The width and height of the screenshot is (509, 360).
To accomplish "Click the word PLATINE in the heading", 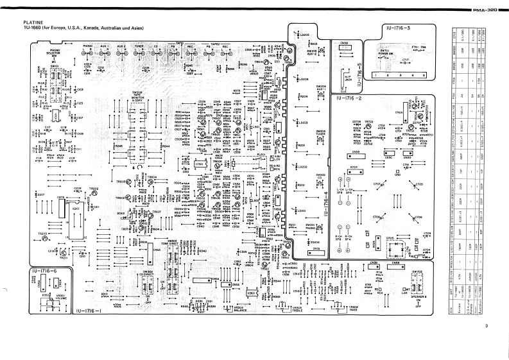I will click(33, 22).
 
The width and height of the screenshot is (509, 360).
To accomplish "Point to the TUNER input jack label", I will click(139, 46).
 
